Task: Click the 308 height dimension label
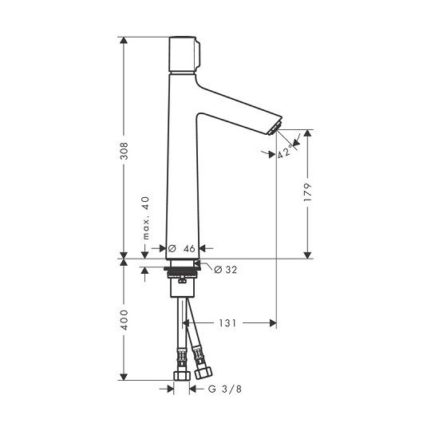tap(124, 151)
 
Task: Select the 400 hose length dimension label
tap(124, 320)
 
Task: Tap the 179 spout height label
tap(307, 192)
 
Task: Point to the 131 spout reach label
tap(227, 323)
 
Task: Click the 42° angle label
tap(285, 152)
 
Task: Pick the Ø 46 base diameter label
tap(181, 248)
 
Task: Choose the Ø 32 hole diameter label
tap(226, 270)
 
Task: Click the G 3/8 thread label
tap(225, 389)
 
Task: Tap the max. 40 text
tap(146, 218)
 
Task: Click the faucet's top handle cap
tap(184, 54)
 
